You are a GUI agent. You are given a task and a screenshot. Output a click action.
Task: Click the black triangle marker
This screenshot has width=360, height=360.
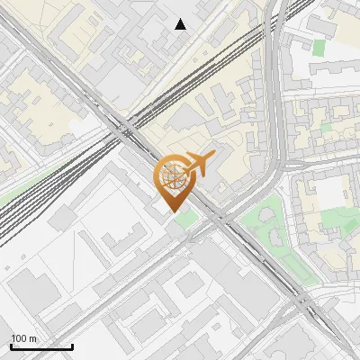(x=180, y=24)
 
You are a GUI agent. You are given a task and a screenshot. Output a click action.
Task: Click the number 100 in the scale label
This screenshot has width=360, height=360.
(x=18, y=338)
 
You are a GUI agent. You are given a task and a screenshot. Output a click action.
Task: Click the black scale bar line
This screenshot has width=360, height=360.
(x=41, y=346)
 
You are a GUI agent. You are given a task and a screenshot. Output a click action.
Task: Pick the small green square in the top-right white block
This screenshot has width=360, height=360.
(x=319, y=47)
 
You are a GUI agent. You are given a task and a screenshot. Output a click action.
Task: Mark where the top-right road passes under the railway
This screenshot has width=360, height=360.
(x=275, y=27)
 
